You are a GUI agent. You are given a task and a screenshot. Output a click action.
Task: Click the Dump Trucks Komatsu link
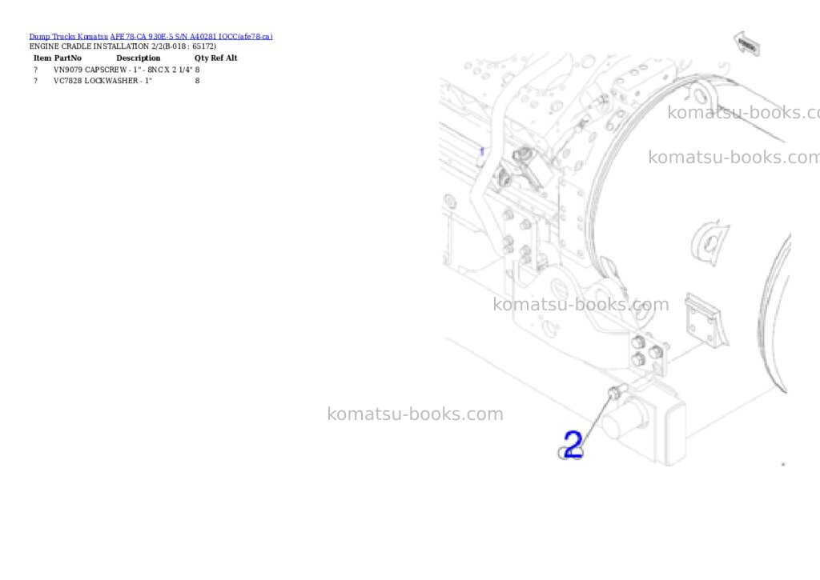coord(69,37)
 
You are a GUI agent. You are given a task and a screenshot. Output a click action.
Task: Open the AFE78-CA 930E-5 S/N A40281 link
coord(163,37)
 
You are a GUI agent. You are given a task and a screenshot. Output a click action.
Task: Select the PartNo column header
coord(68,58)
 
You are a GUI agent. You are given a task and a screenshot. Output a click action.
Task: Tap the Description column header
coord(138,58)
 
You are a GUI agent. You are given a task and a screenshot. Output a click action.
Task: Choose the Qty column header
coord(201,58)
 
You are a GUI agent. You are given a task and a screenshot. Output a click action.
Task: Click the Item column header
coord(42,58)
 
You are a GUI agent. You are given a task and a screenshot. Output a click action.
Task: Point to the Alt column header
coord(231,58)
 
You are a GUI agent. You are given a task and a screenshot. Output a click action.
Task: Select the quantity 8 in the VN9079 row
coord(197,70)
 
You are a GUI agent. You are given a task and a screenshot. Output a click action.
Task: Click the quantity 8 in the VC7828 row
coord(197,81)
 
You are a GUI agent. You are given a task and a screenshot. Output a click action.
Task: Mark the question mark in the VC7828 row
coord(35,81)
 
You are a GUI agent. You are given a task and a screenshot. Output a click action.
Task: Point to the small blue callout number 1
coord(481,151)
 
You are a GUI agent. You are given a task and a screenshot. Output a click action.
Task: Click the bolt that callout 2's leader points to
coord(617,390)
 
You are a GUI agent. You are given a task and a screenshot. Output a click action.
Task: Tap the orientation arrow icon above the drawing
coord(747,44)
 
